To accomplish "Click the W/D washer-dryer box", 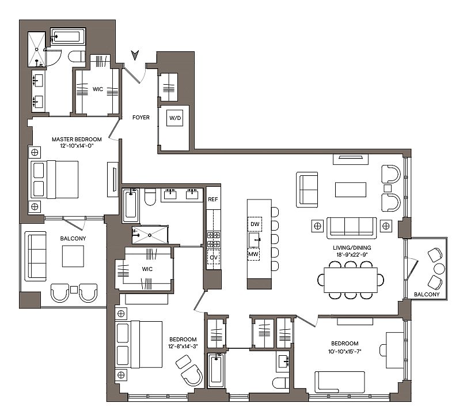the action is (x=175, y=118).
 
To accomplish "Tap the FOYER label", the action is (x=141, y=118).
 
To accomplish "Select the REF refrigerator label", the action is (x=213, y=200).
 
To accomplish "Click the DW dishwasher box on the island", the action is (x=255, y=224).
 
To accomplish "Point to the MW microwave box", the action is (x=253, y=254).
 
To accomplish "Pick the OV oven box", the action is (x=214, y=258).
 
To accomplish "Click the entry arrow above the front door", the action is (x=135, y=55).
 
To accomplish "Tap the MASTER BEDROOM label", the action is (x=77, y=140).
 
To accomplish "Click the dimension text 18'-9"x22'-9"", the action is (x=352, y=254).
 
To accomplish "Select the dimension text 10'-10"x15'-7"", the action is (x=345, y=351).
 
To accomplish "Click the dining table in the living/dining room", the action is (x=351, y=280).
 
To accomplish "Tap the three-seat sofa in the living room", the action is (x=352, y=228).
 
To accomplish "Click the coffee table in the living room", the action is (x=351, y=190).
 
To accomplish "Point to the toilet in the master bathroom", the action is (x=77, y=57).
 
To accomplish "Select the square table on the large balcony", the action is (x=73, y=257).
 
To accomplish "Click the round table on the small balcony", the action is (x=439, y=269).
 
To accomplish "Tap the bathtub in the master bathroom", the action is (x=68, y=36).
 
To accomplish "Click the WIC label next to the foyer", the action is (x=98, y=89).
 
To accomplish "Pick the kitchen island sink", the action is (x=254, y=239).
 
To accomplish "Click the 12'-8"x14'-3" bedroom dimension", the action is (x=183, y=347).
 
